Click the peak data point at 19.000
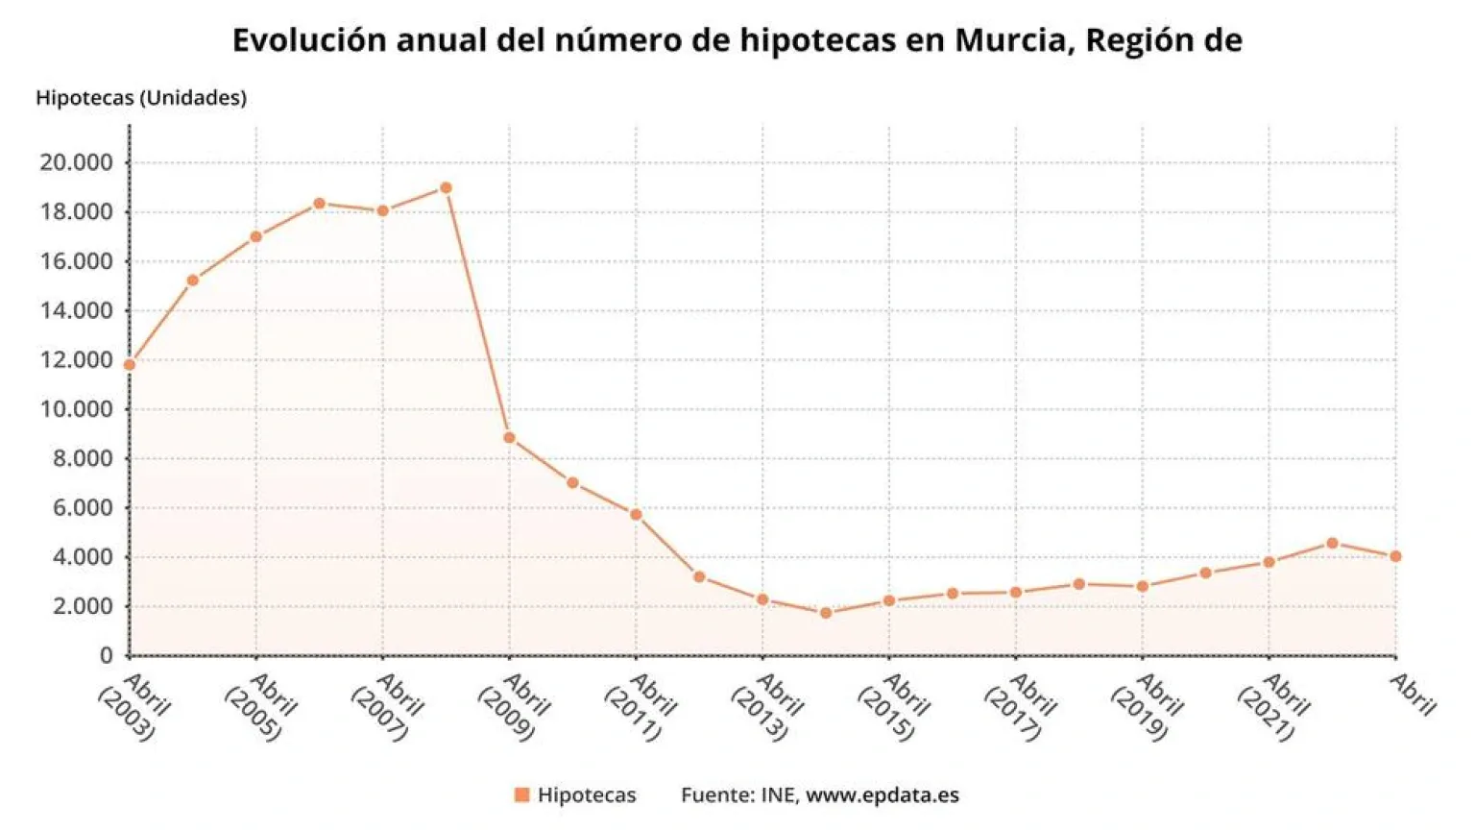point(446,188)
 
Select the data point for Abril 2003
point(130,365)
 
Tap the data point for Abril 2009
point(509,438)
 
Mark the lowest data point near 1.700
point(826,613)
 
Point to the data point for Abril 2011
point(636,515)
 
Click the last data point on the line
point(1395,556)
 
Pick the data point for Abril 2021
point(1269,562)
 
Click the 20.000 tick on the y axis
point(76,162)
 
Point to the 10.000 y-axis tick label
point(76,409)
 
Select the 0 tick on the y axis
point(107,655)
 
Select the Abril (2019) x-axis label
point(1146,706)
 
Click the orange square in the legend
point(521,794)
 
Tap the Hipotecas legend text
point(586,795)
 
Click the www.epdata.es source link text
point(882,795)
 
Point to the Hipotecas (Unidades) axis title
point(141,98)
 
